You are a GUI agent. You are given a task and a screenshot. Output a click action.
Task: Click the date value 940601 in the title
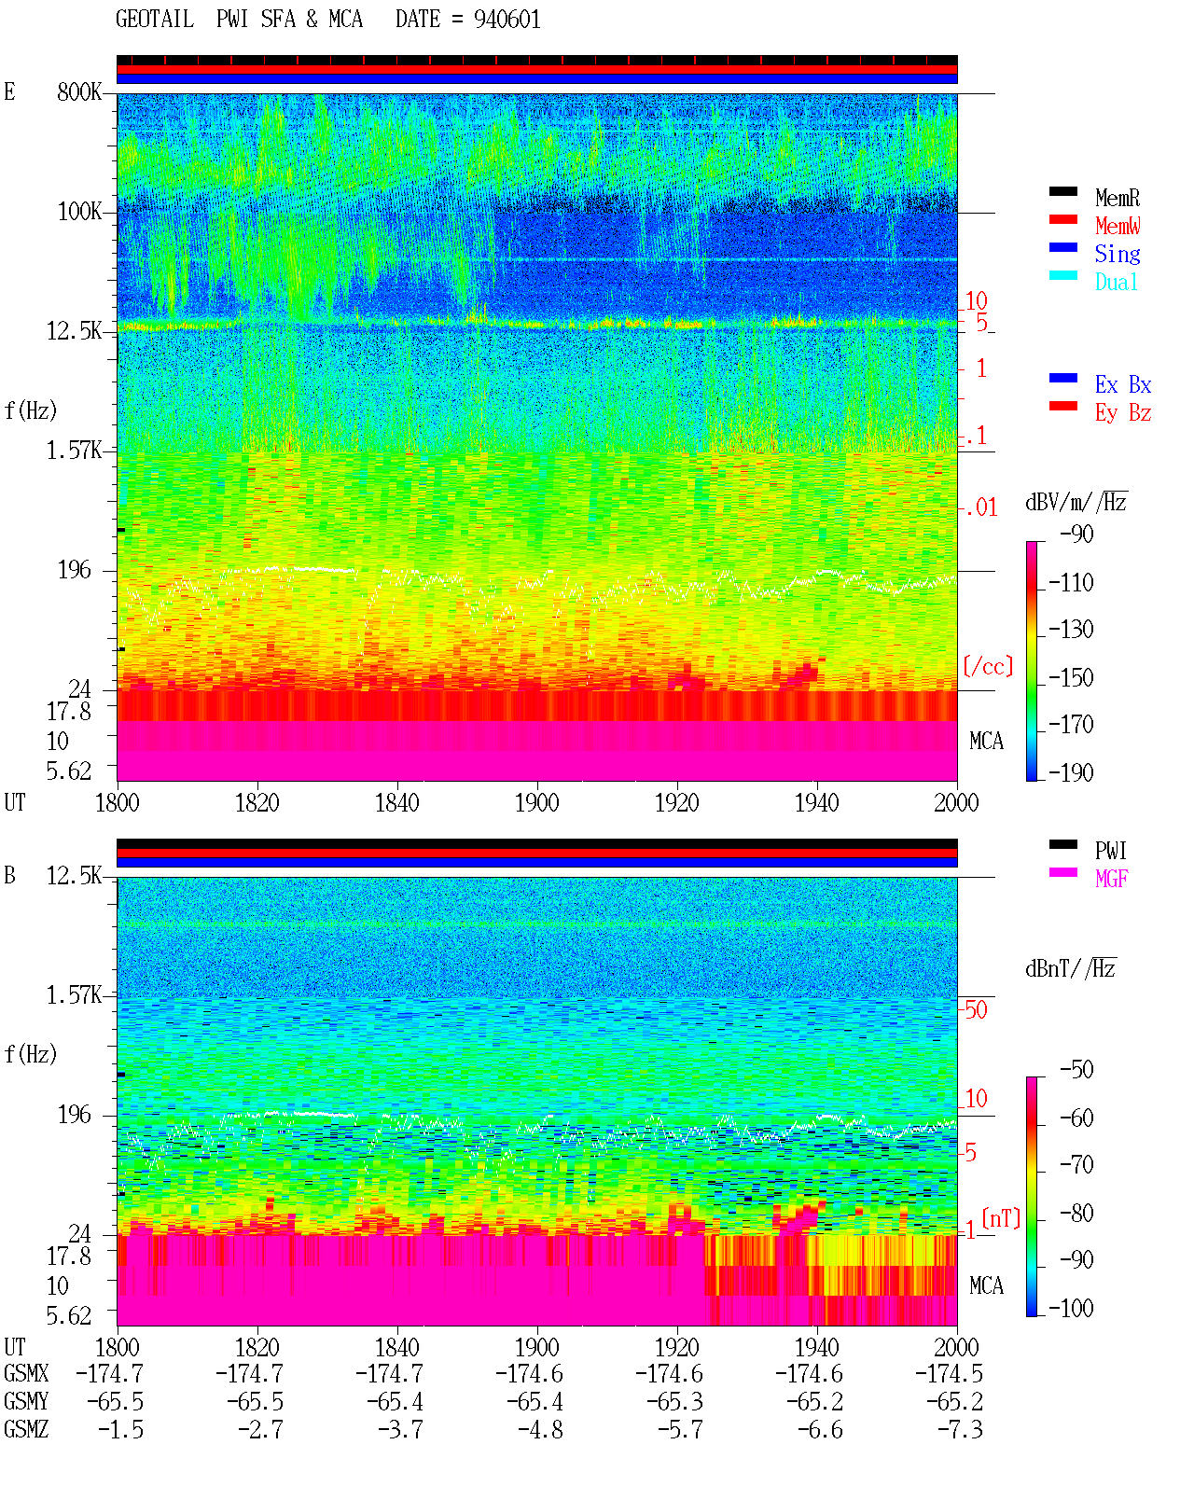[507, 20]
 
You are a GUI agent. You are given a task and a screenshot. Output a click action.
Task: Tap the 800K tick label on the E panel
[79, 91]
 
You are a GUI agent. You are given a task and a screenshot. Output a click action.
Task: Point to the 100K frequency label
[79, 212]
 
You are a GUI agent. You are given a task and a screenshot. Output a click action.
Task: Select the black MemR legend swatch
[1062, 191]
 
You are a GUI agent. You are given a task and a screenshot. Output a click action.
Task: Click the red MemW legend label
[1118, 226]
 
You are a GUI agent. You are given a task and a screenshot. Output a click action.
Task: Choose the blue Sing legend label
[1118, 254]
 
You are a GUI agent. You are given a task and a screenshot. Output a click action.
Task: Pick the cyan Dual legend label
[1117, 282]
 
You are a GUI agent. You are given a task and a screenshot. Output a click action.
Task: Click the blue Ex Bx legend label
[1123, 384]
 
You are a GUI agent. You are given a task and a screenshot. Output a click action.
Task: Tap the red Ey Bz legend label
[1123, 413]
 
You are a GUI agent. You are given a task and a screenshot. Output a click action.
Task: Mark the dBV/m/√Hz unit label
[1076, 502]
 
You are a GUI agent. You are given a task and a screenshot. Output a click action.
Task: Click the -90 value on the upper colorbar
[1076, 535]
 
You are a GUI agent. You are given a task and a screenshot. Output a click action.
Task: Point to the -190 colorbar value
[1071, 772]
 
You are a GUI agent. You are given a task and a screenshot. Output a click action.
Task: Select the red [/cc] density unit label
[988, 666]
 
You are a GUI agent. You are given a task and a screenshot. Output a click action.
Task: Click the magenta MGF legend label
[1111, 879]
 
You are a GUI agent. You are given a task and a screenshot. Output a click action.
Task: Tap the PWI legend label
[1111, 851]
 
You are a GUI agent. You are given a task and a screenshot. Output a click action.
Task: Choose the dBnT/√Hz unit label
[1070, 969]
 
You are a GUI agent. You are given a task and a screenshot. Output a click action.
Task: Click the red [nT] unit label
[1001, 1218]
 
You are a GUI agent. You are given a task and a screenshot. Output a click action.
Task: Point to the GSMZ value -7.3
[960, 1429]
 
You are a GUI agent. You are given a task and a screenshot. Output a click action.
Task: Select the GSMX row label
[26, 1373]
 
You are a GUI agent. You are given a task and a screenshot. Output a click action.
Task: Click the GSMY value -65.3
[674, 1402]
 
